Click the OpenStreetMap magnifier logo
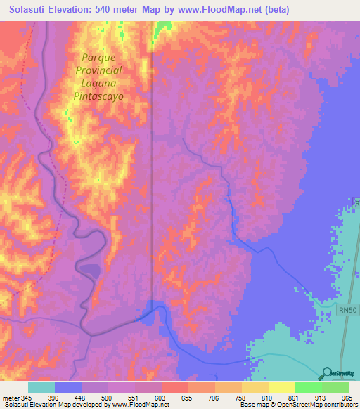point(326,374)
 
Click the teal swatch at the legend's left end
point(41,387)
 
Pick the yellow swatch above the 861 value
point(281,387)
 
